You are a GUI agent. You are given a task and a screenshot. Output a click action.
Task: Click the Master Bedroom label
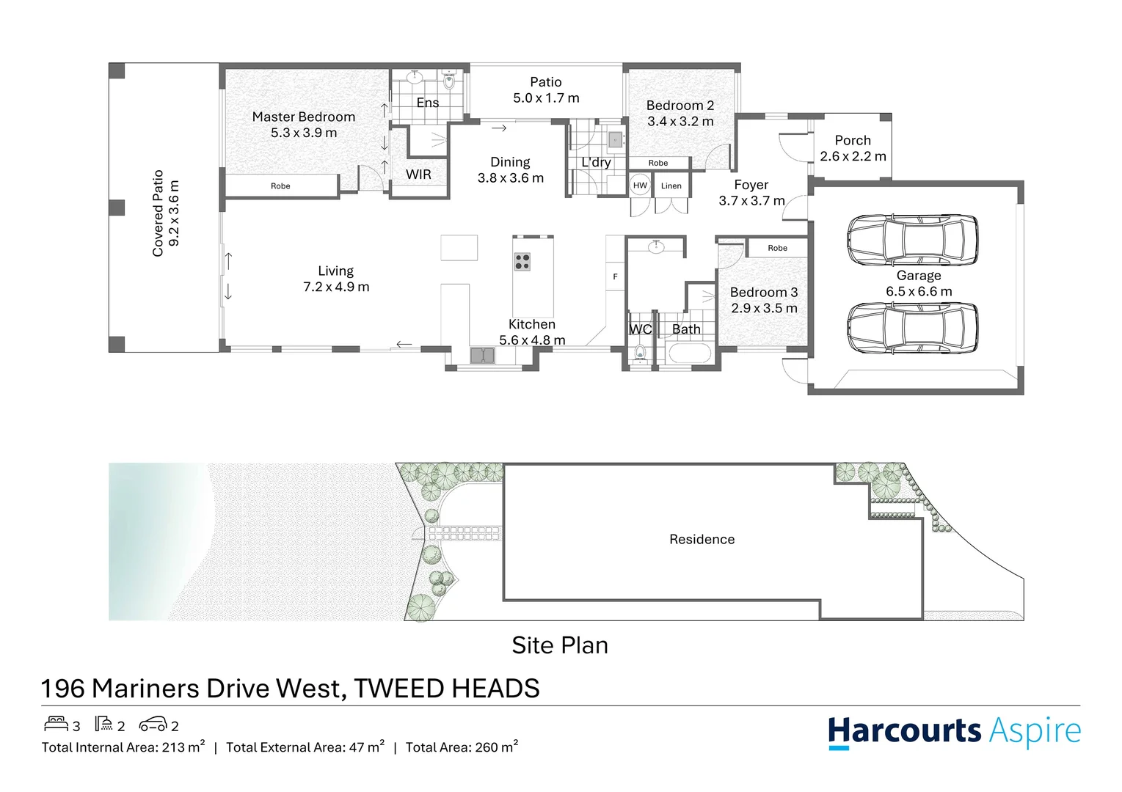(x=303, y=117)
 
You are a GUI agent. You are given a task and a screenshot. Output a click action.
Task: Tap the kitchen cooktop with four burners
(x=522, y=262)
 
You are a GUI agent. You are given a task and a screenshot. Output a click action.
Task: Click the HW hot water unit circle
(x=640, y=186)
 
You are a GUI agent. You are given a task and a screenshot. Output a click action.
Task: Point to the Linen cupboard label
(x=671, y=186)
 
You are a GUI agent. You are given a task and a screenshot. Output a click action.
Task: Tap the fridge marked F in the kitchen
(x=615, y=276)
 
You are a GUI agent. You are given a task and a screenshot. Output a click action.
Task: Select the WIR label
(x=418, y=175)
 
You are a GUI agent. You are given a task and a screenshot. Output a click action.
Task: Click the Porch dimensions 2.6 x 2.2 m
(x=853, y=156)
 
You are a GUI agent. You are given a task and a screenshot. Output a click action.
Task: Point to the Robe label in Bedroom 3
(x=777, y=248)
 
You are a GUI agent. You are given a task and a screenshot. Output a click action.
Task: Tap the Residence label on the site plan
(x=702, y=540)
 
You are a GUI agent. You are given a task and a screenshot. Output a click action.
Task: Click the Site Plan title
(x=560, y=645)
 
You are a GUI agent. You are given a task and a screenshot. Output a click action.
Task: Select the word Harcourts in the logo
(x=904, y=731)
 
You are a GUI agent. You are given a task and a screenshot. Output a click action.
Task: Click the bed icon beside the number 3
(x=56, y=725)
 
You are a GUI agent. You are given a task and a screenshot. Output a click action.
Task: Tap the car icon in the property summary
(x=153, y=725)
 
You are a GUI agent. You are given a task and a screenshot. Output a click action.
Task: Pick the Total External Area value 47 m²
(x=366, y=747)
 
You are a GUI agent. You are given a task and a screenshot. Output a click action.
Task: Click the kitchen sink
(x=482, y=356)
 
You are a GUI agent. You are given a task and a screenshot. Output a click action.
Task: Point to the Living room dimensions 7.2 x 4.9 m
(x=336, y=287)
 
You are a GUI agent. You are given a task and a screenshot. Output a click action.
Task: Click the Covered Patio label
(x=158, y=213)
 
